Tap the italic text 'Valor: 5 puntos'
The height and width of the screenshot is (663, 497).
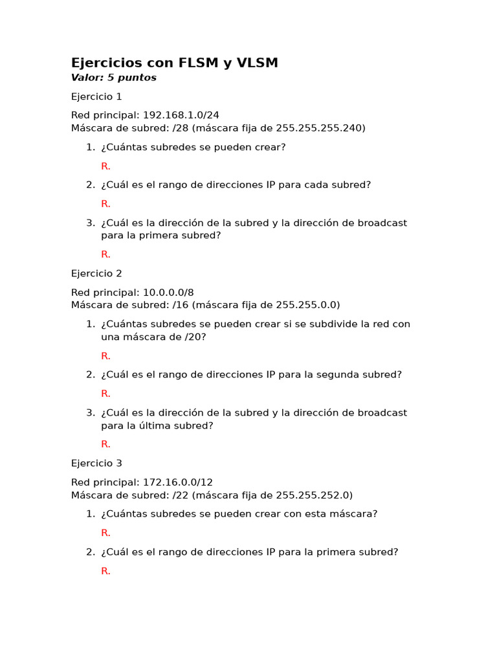coord(114,78)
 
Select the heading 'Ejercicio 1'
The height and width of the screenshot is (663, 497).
coord(96,96)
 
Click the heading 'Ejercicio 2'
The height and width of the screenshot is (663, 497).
coord(96,273)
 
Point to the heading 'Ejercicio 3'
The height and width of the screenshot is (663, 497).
coord(96,463)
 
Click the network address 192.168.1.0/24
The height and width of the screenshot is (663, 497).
coord(181,115)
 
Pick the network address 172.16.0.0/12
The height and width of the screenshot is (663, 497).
coord(177,482)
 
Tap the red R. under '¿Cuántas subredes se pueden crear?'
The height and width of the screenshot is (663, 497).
coord(105,166)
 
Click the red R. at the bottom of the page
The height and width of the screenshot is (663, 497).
coord(105,571)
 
